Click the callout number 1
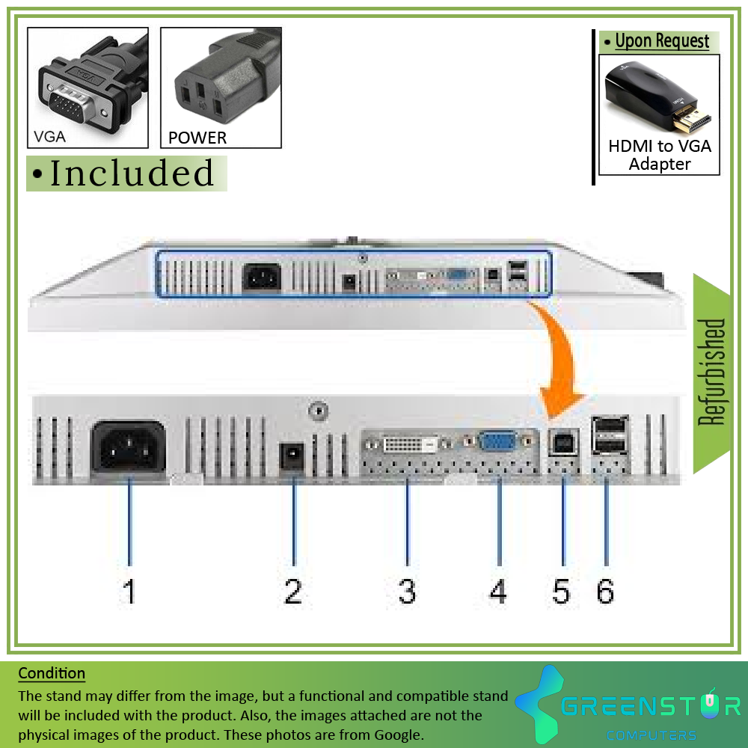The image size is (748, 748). tap(129, 592)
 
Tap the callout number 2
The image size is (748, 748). tap(293, 592)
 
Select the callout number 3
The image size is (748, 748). tap(407, 592)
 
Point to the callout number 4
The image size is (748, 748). tap(498, 592)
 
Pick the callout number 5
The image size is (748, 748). tap(561, 592)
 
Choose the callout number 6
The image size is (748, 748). tap(605, 592)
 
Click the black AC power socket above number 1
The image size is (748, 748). tap(128, 447)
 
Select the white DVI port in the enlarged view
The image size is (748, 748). tap(408, 446)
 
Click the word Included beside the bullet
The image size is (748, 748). tap(132, 174)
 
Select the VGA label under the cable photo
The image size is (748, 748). tap(49, 137)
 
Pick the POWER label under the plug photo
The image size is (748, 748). tap(197, 138)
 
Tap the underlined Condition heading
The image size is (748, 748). tap(52, 673)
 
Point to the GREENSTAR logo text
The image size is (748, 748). tap(651, 705)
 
